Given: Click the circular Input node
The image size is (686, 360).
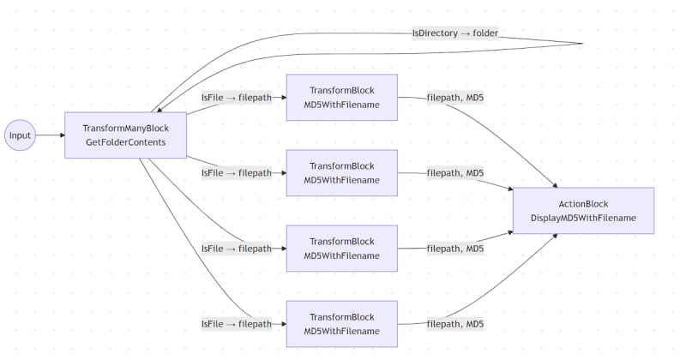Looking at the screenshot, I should [20, 135].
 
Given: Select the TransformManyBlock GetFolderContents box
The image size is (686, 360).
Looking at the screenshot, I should [125, 135].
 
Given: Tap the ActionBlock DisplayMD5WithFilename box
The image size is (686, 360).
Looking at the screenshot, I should [583, 211].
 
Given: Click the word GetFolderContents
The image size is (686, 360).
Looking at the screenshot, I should [125, 142].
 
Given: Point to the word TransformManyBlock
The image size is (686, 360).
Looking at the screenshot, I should [125, 128].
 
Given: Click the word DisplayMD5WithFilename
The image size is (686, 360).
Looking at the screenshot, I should [583, 218].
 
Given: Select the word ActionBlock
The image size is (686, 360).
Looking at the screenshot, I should [583, 203].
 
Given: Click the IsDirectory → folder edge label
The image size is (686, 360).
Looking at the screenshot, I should [455, 33].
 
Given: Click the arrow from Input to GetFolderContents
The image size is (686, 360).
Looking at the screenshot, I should [50, 135].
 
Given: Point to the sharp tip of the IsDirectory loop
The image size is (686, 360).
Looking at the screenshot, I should [582, 43].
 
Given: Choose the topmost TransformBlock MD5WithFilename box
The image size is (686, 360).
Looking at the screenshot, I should [341, 98].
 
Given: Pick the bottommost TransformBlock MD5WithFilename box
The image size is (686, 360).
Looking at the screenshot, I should [341, 324].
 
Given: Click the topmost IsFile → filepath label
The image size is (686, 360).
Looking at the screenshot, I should [236, 98].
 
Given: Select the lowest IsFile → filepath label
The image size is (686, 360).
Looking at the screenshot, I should [236, 324].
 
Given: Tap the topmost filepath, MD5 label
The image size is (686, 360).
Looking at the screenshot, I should [454, 98].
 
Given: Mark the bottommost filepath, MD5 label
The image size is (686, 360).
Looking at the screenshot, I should [454, 324].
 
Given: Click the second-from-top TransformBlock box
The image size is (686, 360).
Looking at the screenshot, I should [341, 173].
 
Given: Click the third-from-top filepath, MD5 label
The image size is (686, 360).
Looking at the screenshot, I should [454, 249].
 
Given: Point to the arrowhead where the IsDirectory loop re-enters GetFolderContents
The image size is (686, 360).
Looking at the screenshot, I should [154, 109].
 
